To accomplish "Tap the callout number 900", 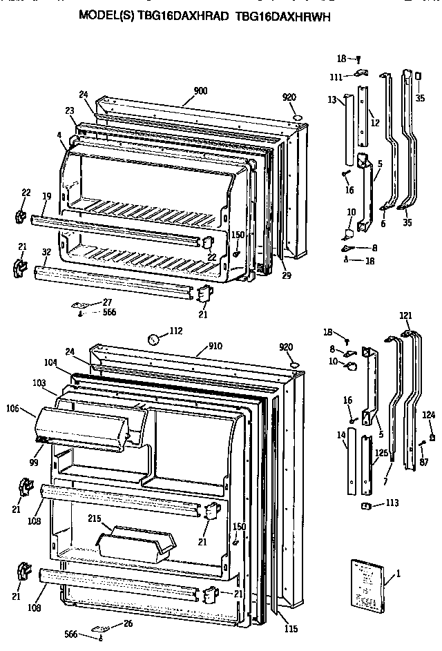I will point(200,90).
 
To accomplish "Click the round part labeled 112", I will point(155,339).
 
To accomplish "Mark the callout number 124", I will point(429,415).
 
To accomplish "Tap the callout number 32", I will point(46,253).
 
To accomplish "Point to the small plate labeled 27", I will point(79,304).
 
